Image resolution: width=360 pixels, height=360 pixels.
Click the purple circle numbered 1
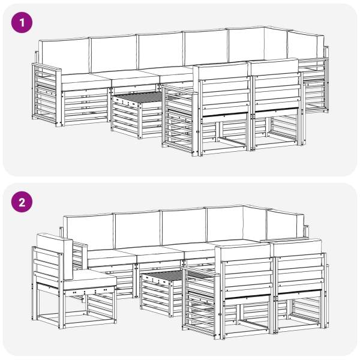(x=22, y=23)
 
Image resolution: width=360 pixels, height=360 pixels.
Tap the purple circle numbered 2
(x=22, y=202)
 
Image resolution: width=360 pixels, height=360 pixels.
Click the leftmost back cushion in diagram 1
(x=64, y=56)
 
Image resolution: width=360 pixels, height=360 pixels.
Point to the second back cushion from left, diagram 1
(x=114, y=53)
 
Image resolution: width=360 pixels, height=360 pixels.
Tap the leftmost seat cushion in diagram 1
(x=85, y=82)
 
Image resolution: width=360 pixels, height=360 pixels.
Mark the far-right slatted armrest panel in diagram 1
(x=314, y=85)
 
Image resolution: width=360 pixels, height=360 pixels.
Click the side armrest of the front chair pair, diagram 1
(x=179, y=119)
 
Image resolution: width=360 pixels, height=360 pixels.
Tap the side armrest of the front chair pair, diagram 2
(x=200, y=301)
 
